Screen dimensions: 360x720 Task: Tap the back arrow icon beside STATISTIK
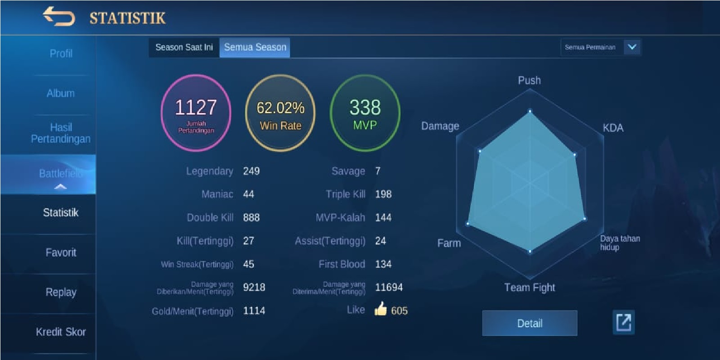click(x=58, y=17)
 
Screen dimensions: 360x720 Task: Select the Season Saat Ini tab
click(x=184, y=47)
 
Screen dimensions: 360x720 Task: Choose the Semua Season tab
click(x=255, y=47)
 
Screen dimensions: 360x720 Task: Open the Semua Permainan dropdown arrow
click(x=632, y=47)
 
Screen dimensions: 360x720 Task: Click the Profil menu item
click(x=61, y=54)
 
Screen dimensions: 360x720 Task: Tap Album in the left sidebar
click(x=61, y=93)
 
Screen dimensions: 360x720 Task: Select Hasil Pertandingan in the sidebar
click(x=61, y=133)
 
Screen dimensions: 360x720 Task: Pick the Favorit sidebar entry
click(x=61, y=252)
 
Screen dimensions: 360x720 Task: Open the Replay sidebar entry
click(x=61, y=292)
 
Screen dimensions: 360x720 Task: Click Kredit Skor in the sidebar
click(x=61, y=332)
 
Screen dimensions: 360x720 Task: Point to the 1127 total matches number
click(x=196, y=108)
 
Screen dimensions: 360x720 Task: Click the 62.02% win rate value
click(x=280, y=108)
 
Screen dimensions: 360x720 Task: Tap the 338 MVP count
click(x=365, y=108)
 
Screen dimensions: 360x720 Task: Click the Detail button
click(x=530, y=323)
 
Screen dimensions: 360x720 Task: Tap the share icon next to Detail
click(x=624, y=322)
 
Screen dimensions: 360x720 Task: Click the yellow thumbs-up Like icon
click(x=381, y=309)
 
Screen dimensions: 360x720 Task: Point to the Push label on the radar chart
click(x=529, y=81)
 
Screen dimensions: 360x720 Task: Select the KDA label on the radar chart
click(x=613, y=128)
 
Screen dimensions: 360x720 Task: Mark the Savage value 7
click(x=378, y=171)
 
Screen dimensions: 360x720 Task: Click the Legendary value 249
click(x=251, y=171)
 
